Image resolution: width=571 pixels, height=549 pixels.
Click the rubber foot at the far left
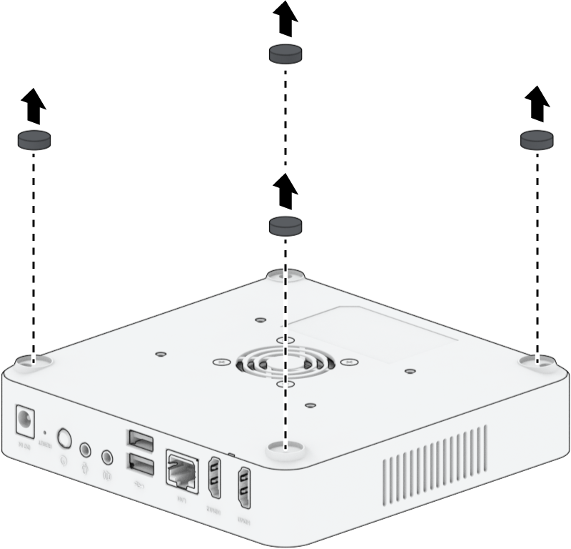(x=34, y=140)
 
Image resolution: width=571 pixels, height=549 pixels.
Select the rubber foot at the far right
(x=538, y=139)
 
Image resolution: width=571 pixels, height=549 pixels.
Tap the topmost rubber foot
(x=285, y=54)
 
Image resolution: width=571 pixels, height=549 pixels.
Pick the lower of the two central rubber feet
(x=285, y=226)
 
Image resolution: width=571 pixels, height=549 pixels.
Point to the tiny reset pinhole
(x=46, y=432)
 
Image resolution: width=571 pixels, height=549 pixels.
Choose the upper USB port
(x=141, y=438)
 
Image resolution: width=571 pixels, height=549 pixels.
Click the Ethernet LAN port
(x=181, y=469)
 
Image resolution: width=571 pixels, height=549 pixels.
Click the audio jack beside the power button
(x=86, y=449)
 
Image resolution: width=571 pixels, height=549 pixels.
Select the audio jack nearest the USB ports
(x=108, y=455)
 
